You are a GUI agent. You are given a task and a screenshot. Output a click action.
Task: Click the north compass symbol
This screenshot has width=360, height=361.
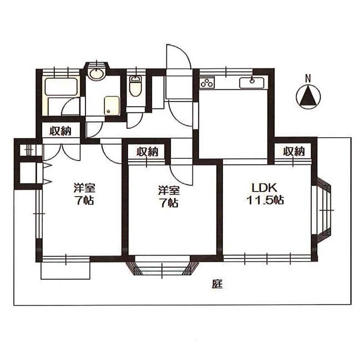point(308,97)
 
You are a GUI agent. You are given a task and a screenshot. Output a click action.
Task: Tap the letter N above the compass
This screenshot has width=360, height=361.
point(308,78)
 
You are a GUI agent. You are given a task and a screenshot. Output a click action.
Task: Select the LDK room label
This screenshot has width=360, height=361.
point(264,188)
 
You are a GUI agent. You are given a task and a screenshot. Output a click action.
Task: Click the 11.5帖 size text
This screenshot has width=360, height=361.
point(265,200)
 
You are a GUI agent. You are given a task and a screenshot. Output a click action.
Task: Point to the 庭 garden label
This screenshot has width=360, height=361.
point(217,284)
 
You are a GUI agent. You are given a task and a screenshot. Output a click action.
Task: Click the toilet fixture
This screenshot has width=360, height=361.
point(136,87)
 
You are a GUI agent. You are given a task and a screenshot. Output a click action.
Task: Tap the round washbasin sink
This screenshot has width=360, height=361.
point(97,73)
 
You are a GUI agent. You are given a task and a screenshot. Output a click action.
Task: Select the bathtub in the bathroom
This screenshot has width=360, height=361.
point(61,87)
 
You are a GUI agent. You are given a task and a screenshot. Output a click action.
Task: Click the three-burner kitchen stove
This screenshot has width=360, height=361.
point(207,83)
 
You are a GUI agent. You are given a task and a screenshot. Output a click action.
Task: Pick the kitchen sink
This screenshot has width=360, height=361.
point(252,83)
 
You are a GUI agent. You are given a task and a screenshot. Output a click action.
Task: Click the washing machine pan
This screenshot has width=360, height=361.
point(112,106)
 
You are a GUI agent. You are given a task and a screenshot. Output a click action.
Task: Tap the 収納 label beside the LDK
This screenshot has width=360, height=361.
point(294,152)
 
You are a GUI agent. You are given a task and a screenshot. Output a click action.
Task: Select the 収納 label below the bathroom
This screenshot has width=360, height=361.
point(60,131)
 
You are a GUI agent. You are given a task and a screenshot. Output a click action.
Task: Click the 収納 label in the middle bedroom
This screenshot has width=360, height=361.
point(148,152)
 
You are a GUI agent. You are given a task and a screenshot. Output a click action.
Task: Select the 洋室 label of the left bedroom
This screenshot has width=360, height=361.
point(85,188)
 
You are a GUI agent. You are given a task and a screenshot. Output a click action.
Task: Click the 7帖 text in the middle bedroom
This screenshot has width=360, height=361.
point(169,202)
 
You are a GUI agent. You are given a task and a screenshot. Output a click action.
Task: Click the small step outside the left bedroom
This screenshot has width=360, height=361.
point(65,271)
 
